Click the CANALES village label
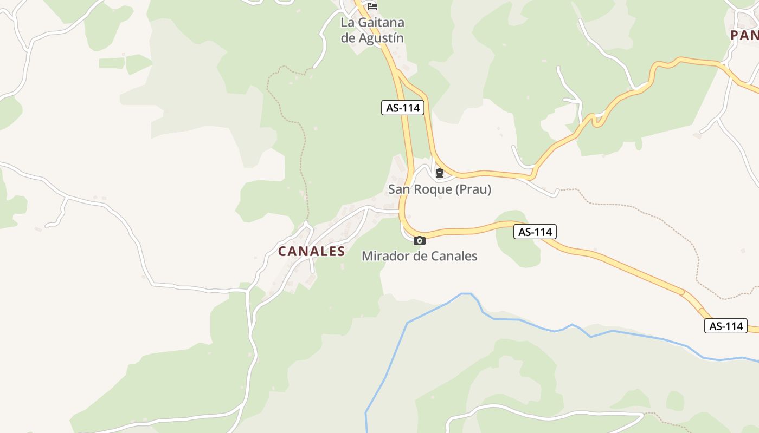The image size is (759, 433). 311,251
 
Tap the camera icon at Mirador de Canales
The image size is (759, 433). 419,241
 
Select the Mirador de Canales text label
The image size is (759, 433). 419,256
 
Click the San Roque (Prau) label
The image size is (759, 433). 439,189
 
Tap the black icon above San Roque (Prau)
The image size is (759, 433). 439,174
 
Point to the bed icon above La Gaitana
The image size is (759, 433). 372,6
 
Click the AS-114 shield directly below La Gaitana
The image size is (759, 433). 402,108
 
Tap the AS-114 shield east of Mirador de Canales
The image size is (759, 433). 535,232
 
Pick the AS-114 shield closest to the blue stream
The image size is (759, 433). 725,326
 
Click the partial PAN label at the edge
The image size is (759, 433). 744,36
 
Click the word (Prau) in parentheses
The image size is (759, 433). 473,189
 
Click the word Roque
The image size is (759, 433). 432,189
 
